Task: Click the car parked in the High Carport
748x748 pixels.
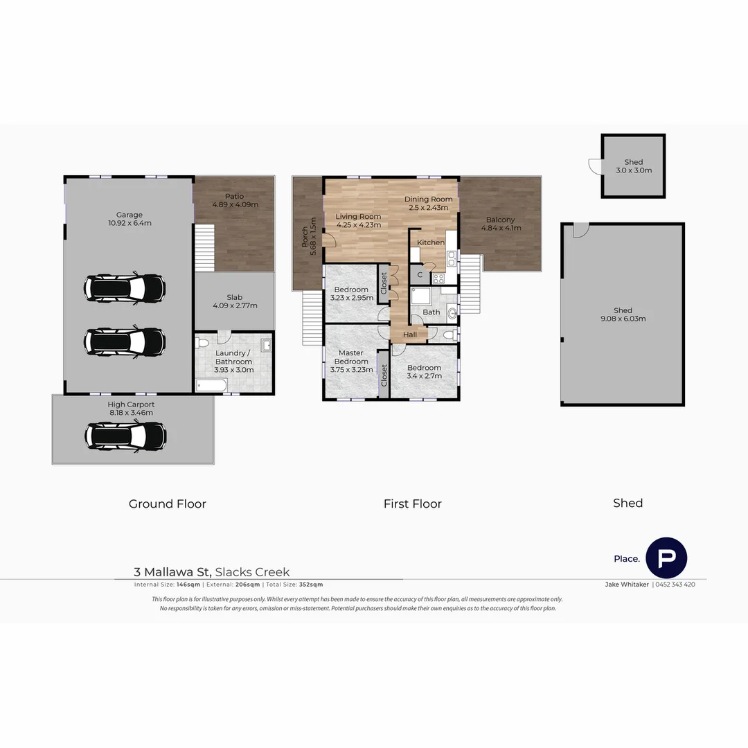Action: [x=125, y=436]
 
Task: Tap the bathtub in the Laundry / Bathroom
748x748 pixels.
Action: [x=211, y=385]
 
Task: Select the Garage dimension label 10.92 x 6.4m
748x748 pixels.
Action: [x=130, y=223]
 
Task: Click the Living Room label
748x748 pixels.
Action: [x=357, y=216]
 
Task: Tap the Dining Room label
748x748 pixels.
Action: [x=428, y=199]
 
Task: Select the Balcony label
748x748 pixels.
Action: [x=499, y=220]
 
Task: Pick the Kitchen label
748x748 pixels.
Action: [x=430, y=242]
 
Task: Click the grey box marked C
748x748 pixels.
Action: [x=420, y=275]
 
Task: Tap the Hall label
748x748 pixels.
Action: [x=410, y=335]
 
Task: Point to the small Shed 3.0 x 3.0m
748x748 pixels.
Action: [x=633, y=166]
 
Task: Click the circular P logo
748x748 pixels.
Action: [x=666, y=558]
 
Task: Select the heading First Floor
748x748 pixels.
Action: [x=412, y=504]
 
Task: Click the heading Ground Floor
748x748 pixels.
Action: [x=168, y=504]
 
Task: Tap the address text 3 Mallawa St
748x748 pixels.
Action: [x=172, y=572]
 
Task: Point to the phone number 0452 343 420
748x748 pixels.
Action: [x=675, y=585]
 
